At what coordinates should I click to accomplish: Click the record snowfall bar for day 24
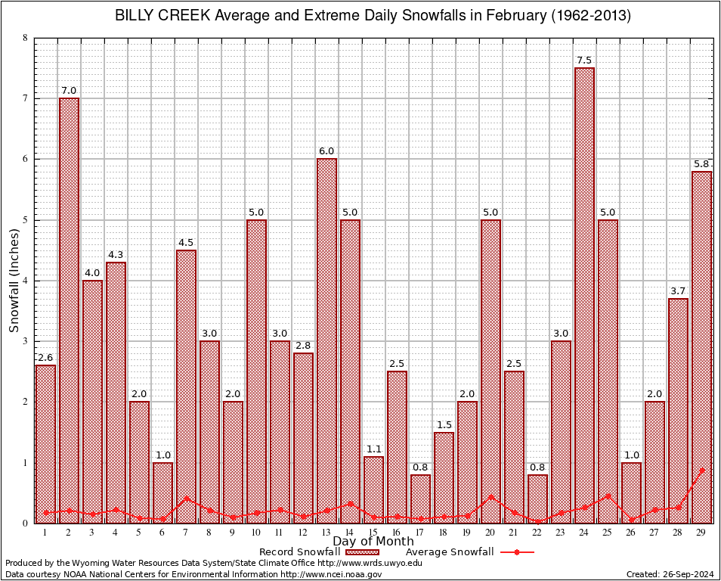coord(584,295)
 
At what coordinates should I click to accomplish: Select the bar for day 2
coord(69,310)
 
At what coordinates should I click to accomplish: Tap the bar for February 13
coord(326,340)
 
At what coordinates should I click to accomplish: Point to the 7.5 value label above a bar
coord(584,61)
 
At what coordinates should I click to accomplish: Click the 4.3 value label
coord(116,255)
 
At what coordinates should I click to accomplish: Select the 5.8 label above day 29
coord(701,164)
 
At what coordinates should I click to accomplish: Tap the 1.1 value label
coord(373,449)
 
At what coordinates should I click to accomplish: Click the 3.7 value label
coord(678,291)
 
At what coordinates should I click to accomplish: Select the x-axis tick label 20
coord(490,533)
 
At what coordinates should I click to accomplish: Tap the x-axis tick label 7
coord(186,533)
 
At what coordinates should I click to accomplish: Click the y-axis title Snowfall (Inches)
coord(14,281)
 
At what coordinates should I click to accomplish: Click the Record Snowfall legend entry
coord(310,552)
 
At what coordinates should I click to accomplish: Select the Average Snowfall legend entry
coord(469,552)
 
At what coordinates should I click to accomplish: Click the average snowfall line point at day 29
coord(701,470)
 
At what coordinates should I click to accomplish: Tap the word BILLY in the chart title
coord(135,15)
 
